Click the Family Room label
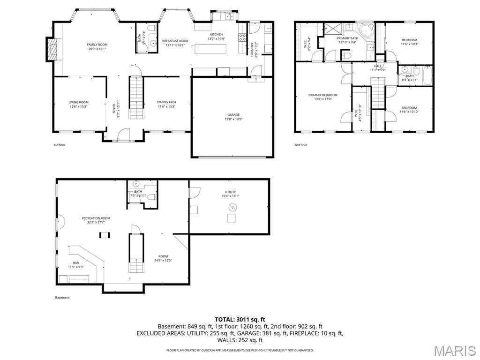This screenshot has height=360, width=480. (x=97, y=45)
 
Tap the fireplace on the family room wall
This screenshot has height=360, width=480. (x=52, y=49)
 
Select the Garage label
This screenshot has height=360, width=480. (x=233, y=115)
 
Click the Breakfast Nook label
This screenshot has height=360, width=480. (x=175, y=41)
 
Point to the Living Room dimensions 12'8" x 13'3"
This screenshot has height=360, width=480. (x=78, y=106)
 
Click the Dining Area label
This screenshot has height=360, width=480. (x=166, y=102)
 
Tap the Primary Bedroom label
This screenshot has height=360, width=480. (x=322, y=95)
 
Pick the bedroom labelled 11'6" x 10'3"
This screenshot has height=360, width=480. (x=409, y=42)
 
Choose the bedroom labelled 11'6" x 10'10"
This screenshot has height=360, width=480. (x=408, y=110)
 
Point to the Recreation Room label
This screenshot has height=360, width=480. (x=96, y=218)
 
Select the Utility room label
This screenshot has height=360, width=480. (x=230, y=192)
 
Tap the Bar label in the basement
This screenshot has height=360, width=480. (x=76, y=262)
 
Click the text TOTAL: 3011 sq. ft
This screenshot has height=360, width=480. (x=240, y=319)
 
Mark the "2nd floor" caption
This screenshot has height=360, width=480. (x=300, y=145)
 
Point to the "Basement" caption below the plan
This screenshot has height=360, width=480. (x=62, y=298)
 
